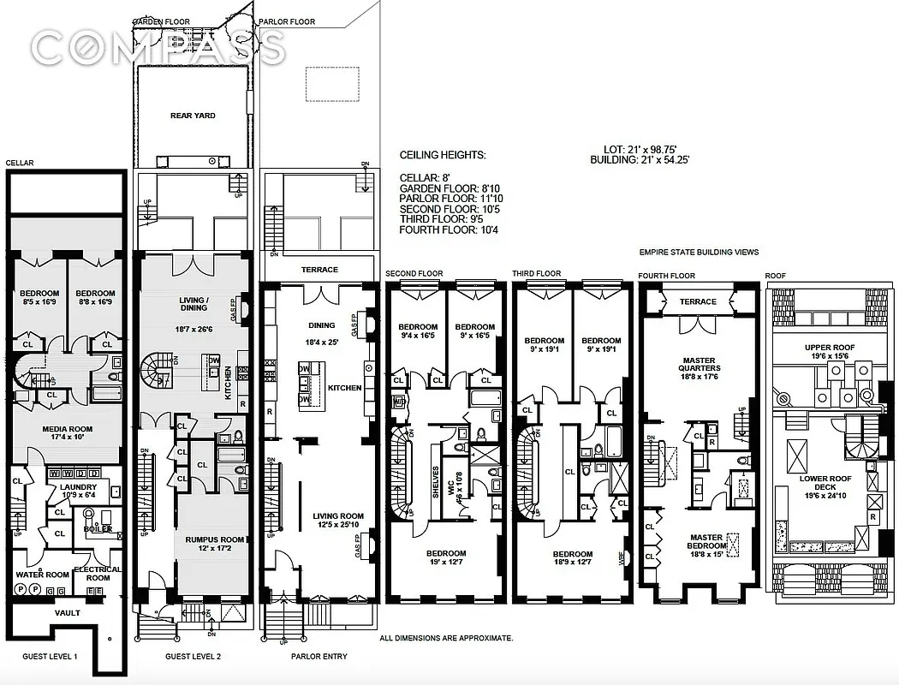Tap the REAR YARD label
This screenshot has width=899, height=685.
pos(193,116)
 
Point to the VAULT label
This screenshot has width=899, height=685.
pos(67,613)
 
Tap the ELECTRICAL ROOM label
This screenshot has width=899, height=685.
pos(97,574)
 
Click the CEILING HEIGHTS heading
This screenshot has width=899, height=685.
pos(442,156)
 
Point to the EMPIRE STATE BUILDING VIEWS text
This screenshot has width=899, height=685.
pos(699,253)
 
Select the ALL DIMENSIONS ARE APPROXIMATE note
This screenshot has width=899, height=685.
pos(446,638)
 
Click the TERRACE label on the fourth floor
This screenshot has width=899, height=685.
pos(698,302)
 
